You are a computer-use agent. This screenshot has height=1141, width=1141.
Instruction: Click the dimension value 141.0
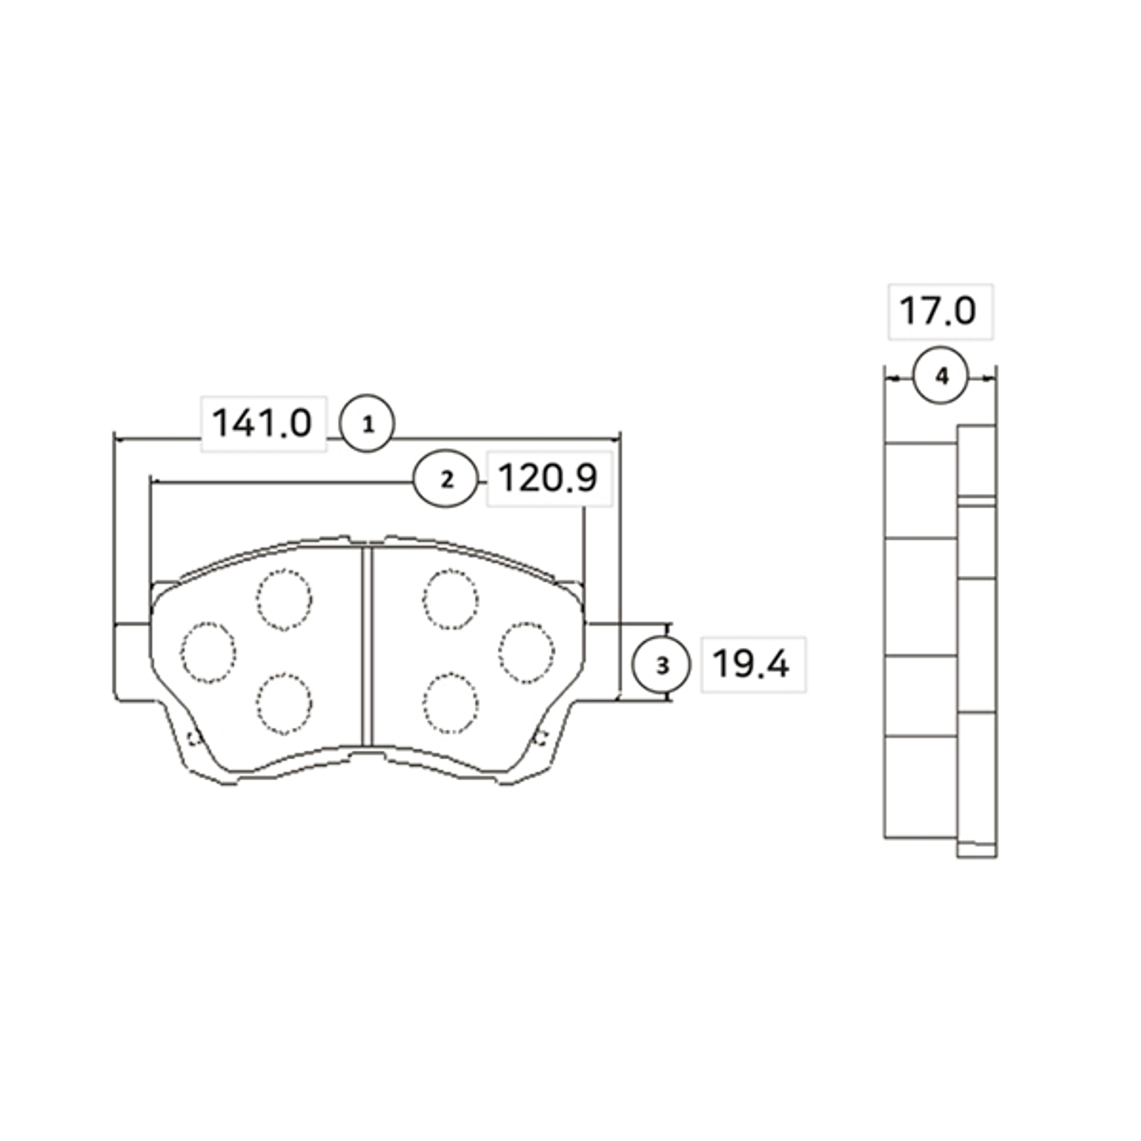263,424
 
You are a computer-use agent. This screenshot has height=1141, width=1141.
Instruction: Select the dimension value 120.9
549,478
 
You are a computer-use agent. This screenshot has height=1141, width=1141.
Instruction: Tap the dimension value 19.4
752,665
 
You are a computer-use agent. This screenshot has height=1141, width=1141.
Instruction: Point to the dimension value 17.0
939,311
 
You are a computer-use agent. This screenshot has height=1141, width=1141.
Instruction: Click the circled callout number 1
367,424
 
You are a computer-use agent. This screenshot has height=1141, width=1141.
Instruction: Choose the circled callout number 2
447,480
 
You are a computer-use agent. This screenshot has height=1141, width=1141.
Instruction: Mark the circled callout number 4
941,376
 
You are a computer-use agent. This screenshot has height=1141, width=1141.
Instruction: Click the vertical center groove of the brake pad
367,647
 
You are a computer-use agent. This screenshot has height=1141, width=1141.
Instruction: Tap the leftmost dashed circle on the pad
208,653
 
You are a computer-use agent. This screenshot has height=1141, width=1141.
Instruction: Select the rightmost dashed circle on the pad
526,653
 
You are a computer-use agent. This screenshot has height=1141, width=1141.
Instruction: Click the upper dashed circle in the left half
284,600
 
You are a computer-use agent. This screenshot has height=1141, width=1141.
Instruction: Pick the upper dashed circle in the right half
450,600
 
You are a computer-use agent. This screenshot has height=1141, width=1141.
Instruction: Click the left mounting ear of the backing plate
131,661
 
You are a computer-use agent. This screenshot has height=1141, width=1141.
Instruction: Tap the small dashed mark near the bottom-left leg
192,738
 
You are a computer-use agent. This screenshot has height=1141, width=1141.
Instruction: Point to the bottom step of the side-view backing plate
976,851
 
